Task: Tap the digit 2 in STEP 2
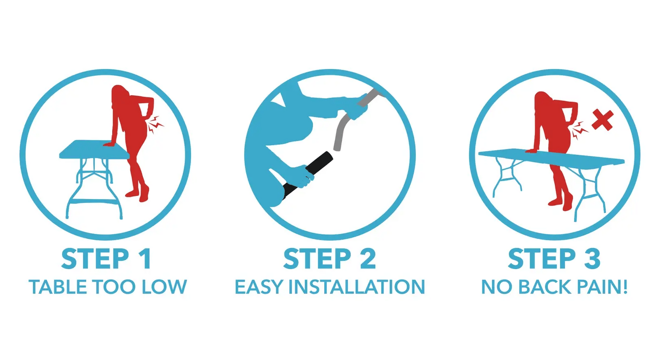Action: coord(368,259)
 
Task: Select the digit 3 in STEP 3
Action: coord(592,259)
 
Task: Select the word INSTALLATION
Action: coord(356,287)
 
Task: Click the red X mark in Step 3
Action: coord(603,120)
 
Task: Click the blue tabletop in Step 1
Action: coord(94,149)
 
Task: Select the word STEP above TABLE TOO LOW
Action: coord(95,259)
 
